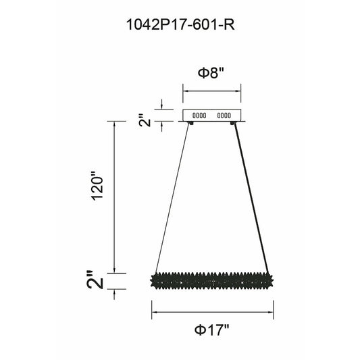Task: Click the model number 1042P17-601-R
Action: click(180, 24)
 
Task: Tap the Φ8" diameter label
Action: click(211, 73)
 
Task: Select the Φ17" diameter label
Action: click(211, 330)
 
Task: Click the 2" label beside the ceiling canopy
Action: click(145, 120)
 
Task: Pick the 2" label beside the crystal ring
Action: click(95, 279)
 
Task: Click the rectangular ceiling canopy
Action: click(211, 115)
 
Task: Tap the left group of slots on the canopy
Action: click(199, 115)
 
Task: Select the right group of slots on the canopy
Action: click(224, 115)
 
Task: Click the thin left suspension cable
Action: click(172, 199)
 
